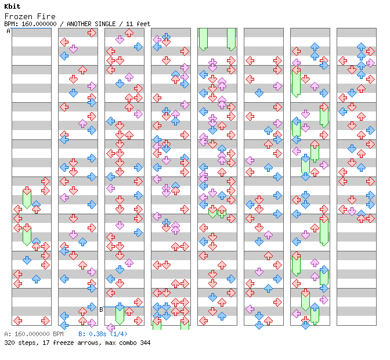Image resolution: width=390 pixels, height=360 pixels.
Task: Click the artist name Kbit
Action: tap(12, 6)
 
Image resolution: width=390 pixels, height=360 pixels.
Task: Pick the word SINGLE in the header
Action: tap(105, 24)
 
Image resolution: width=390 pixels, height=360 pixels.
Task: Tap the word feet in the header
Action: tap(143, 24)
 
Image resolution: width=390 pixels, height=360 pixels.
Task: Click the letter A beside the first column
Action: tap(8, 31)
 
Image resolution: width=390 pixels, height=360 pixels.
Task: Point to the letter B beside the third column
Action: tap(101, 309)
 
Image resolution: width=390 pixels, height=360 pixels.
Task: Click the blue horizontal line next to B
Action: tap(124, 307)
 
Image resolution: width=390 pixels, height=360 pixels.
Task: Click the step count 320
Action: tap(9, 343)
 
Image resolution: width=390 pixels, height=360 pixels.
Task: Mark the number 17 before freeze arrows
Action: tap(46, 343)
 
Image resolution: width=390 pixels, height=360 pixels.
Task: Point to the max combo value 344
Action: tap(145, 343)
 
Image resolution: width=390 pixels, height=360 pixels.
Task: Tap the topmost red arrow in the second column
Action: tap(92, 33)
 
